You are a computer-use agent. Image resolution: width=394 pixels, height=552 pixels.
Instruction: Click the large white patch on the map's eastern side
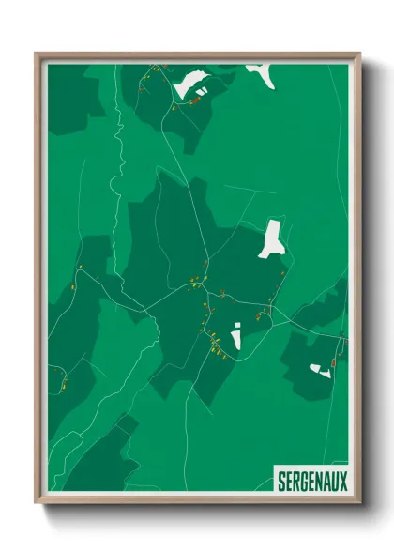pos(271,237)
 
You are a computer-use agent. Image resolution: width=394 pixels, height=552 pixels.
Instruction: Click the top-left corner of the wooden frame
pos(37,54)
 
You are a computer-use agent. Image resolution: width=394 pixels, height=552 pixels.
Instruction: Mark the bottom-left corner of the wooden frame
pos(37,503)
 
